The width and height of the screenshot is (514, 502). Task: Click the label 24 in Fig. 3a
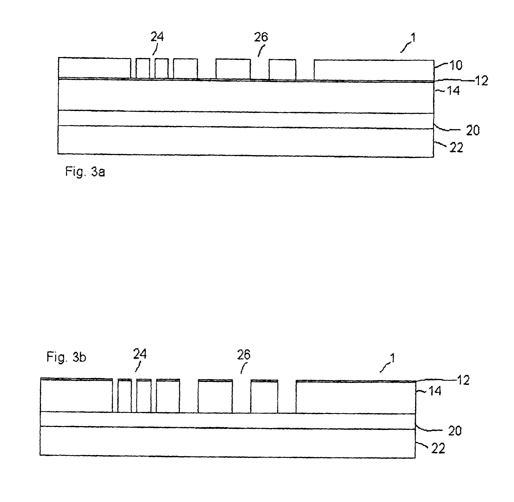click(x=157, y=37)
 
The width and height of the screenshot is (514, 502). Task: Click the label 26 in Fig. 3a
click(x=261, y=37)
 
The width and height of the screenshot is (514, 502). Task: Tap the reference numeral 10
click(x=456, y=65)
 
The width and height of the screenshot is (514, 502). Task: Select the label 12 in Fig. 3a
click(x=481, y=81)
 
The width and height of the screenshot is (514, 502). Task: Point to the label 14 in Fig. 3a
click(x=453, y=91)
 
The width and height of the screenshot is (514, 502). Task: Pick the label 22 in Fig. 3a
click(x=456, y=148)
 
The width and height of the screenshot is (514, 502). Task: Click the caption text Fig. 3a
click(x=85, y=172)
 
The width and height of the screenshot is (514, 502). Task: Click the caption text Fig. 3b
click(x=66, y=357)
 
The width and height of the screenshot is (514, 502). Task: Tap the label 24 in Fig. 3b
click(x=140, y=354)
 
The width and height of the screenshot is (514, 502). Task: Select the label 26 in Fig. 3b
click(x=243, y=355)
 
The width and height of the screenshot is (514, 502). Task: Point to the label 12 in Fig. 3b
click(x=463, y=381)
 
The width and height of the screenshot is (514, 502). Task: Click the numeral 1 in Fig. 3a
click(x=413, y=38)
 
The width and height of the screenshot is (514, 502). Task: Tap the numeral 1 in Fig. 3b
click(x=392, y=358)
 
